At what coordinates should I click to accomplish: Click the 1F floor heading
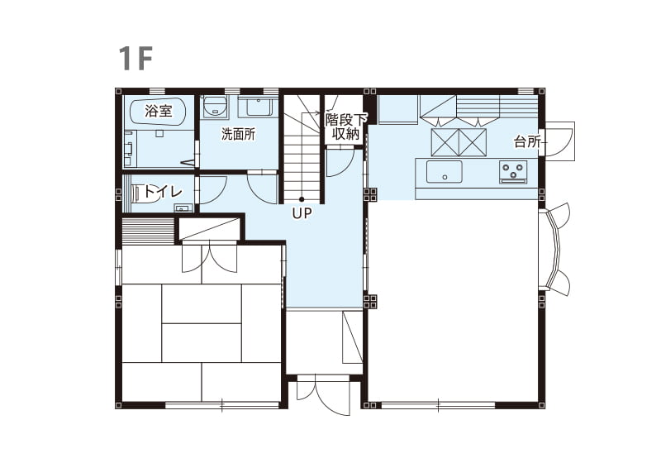(x=135, y=58)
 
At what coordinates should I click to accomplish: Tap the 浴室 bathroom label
(x=158, y=111)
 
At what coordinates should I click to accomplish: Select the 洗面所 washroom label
(x=238, y=135)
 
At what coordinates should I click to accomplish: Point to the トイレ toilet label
(x=163, y=192)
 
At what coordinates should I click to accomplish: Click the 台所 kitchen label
(x=527, y=141)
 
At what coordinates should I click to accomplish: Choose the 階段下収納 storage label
(x=345, y=126)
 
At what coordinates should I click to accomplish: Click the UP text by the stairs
(x=302, y=214)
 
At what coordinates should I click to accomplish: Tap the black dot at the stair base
(x=302, y=199)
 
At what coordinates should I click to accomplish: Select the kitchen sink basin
(x=444, y=172)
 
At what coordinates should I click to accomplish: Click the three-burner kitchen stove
(x=513, y=172)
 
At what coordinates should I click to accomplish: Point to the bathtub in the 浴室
(x=158, y=112)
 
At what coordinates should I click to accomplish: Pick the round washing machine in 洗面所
(x=215, y=106)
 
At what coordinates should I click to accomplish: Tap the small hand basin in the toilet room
(x=183, y=208)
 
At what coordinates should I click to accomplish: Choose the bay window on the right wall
(x=554, y=248)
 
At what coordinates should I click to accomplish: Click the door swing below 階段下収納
(x=340, y=163)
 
